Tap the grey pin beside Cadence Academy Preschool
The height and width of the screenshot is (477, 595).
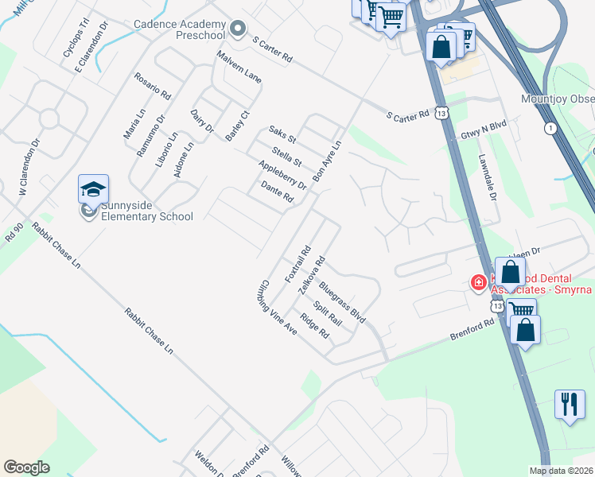point(237,30)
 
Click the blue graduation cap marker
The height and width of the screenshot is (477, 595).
point(92,191)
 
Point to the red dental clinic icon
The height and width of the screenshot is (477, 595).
point(478,281)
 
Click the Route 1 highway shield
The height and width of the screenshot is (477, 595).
point(550,127)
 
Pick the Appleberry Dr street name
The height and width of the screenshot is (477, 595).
point(282,175)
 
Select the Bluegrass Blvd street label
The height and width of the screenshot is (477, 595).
point(341,301)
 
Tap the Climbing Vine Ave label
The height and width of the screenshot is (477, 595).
point(278,307)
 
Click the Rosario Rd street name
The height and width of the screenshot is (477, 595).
point(153,85)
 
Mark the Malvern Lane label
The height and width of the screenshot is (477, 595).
point(239,67)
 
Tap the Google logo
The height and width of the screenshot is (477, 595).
point(26,467)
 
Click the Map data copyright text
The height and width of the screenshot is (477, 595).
point(561,471)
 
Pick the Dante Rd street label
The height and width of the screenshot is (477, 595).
point(278,192)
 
